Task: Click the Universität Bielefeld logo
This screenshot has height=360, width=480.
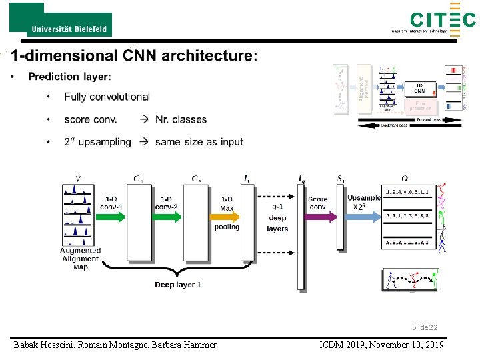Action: pyautogui.click(x=61, y=20)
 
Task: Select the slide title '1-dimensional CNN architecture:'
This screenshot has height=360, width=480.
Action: pyautogui.click(x=133, y=56)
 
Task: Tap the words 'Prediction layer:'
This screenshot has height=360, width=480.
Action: pyautogui.click(x=69, y=77)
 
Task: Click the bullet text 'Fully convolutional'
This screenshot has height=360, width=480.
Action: pyautogui.click(x=107, y=97)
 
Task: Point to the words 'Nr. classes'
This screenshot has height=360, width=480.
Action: pyautogui.click(x=181, y=119)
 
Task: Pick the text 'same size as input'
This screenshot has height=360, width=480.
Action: pyautogui.click(x=199, y=141)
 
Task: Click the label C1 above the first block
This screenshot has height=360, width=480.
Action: pyautogui.click(x=138, y=179)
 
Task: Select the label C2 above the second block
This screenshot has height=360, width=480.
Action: pyautogui.click(x=196, y=179)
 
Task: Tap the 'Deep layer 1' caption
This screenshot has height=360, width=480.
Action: pyautogui.click(x=178, y=285)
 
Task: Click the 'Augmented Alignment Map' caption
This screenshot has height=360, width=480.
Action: pyautogui.click(x=80, y=259)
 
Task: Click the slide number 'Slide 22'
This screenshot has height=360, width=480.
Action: pyautogui.click(x=424, y=327)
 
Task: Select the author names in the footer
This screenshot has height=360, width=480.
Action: pyautogui.click(x=115, y=344)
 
